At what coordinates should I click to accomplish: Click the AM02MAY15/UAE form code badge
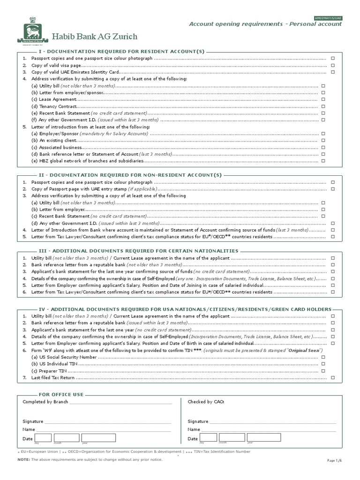328,18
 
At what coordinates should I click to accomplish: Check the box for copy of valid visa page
333,65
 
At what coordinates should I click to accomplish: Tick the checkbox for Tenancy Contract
322,106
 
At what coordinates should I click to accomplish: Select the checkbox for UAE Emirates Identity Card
333,72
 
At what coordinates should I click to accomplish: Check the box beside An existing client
322,141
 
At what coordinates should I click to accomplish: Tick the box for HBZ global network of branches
322,161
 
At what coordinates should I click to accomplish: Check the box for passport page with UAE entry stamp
333,189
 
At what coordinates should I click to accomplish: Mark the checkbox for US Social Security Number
322,357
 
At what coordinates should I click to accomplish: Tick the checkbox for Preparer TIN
322,371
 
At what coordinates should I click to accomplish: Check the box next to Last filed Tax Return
333,378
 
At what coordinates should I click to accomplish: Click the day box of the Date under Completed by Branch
43,438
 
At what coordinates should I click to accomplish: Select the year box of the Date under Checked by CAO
264,438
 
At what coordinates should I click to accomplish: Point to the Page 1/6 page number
334,461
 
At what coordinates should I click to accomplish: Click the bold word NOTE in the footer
23,460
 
